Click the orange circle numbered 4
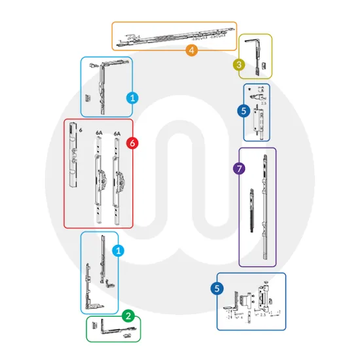[x=191, y=50]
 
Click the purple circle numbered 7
[x=240, y=169]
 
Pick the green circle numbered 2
[x=128, y=316]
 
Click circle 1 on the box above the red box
[x=132, y=98]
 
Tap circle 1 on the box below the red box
[x=118, y=250]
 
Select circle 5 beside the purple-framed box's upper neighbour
[x=243, y=111]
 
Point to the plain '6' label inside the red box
[x=80, y=132]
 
